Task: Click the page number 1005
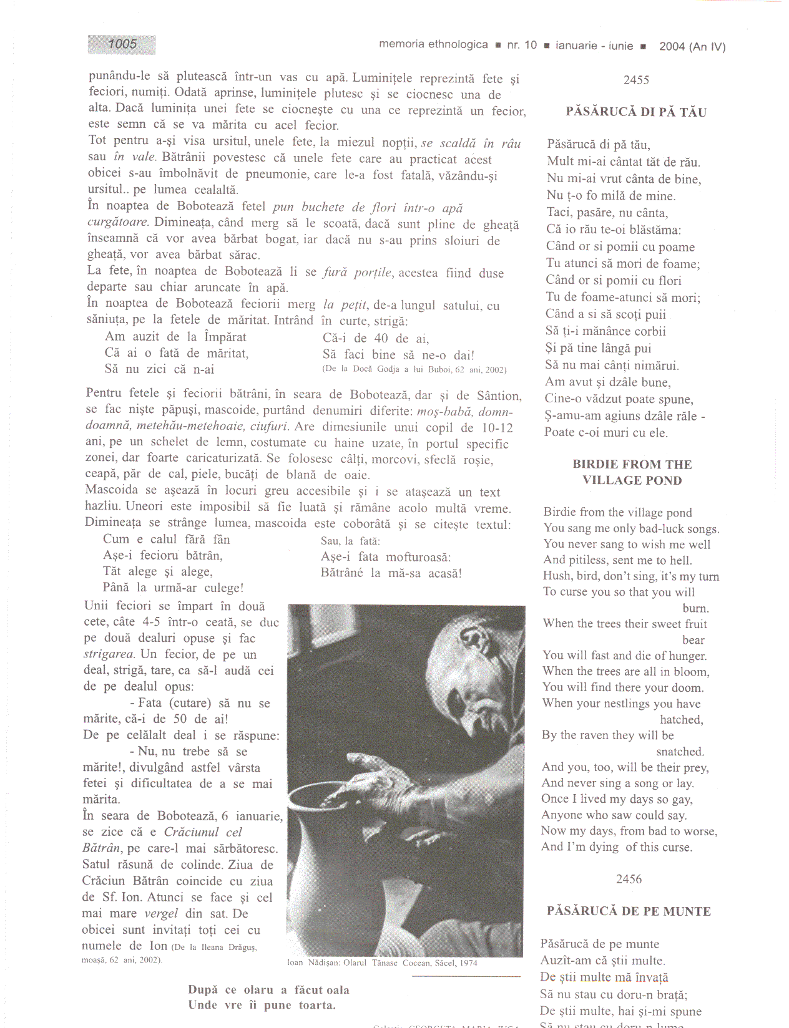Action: click(122, 44)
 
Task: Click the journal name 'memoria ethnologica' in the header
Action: click(433, 44)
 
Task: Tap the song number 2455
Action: click(636, 80)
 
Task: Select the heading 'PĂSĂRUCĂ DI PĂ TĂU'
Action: click(635, 112)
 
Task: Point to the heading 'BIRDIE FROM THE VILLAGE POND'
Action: click(632, 472)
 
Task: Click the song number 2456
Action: click(629, 879)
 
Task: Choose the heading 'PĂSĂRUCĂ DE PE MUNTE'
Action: click(629, 911)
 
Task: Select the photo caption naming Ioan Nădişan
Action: click(382, 963)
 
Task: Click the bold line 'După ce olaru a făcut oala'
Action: click(268, 990)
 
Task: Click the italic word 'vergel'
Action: click(161, 913)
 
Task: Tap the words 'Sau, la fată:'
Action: click(350, 541)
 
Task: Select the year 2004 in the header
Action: click(672, 46)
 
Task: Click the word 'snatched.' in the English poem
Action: click(680, 752)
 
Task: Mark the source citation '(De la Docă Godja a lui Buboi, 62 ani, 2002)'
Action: click(414, 369)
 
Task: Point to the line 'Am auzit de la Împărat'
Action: click(175, 337)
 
